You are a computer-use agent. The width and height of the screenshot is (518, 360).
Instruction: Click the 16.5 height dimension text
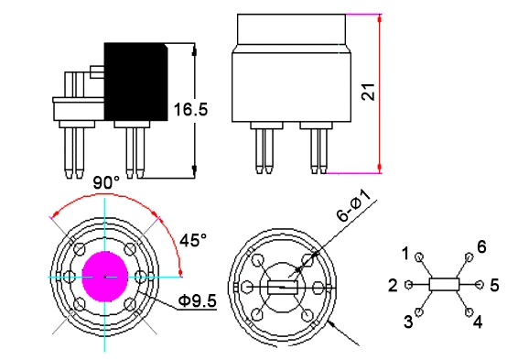pos(190,110)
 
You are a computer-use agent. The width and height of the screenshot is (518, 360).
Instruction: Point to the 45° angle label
pos(193,240)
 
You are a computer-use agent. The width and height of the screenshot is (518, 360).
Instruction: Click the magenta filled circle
pos(106,276)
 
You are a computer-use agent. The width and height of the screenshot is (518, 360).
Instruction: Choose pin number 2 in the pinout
pos(394,286)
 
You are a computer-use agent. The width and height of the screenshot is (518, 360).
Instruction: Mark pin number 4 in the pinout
pos(477,321)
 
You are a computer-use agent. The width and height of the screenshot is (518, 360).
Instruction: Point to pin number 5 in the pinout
pos(493,286)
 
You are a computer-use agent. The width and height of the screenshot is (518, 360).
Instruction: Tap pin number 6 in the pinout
pos(480,246)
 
